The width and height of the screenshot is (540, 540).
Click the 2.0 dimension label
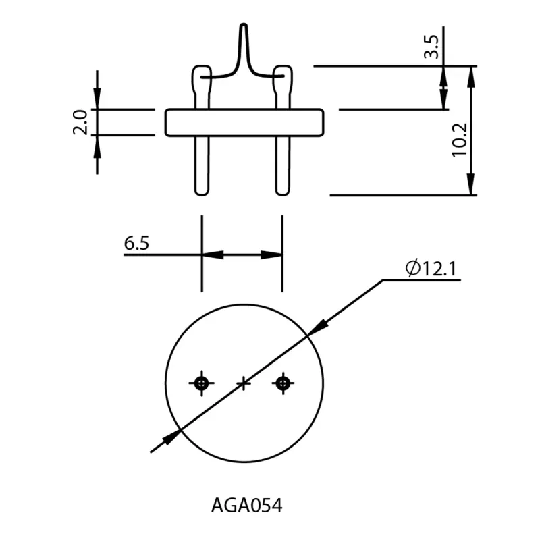click(80, 122)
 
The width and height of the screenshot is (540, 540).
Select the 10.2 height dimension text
click(461, 140)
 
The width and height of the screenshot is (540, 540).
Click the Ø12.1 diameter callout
click(432, 268)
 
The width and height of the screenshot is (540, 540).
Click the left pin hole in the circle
click(201, 383)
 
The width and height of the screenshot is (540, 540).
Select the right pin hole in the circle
click(282, 383)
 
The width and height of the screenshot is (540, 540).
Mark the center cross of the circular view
click(244, 383)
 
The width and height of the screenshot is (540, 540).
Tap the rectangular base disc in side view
click(244, 122)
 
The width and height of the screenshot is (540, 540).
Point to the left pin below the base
click(201, 165)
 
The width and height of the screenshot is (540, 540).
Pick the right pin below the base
click(282, 165)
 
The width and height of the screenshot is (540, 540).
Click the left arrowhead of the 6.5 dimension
click(211, 254)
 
